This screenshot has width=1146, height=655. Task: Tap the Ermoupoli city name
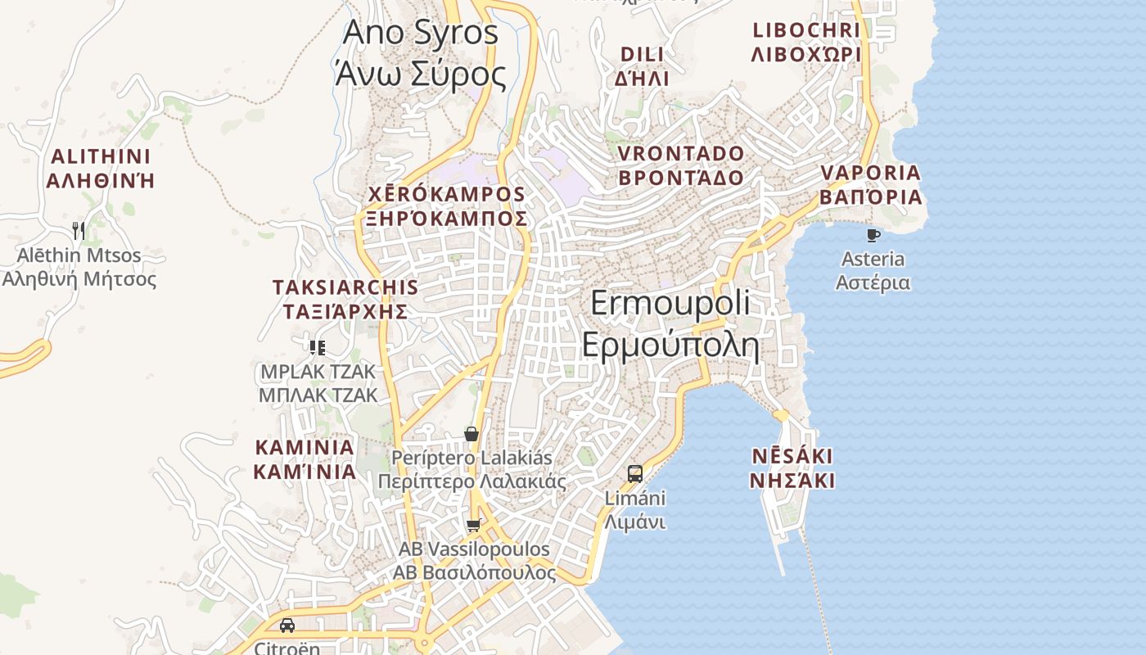pyautogui.click(x=670, y=324)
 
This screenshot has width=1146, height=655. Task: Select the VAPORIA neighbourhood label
pyautogui.click(x=871, y=185)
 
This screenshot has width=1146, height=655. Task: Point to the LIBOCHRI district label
pyautogui.click(x=806, y=43)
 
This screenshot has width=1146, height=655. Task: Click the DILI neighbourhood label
pyautogui.click(x=643, y=66)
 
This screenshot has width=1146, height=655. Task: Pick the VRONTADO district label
pyautogui.click(x=681, y=165)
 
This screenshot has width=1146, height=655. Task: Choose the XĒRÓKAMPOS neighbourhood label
pyautogui.click(x=446, y=206)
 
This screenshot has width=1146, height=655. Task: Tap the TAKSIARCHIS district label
pyautogui.click(x=345, y=299)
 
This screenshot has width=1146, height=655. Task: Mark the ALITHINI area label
pyautogui.click(x=101, y=169)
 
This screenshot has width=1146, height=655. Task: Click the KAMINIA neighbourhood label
pyautogui.click(x=305, y=459)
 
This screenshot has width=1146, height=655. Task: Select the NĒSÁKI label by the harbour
pyautogui.click(x=792, y=468)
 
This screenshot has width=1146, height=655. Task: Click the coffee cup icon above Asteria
pyautogui.click(x=873, y=236)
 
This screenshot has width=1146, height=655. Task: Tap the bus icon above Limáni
pyautogui.click(x=635, y=473)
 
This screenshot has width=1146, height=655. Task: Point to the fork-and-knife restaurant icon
pyautogui.click(x=79, y=230)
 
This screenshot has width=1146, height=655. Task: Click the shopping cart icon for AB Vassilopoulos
pyautogui.click(x=473, y=525)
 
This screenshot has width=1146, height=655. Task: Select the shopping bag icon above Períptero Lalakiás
pyautogui.click(x=471, y=434)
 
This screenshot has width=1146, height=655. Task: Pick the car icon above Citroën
pyautogui.click(x=287, y=626)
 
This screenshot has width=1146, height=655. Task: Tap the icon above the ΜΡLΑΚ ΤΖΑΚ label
pyautogui.click(x=318, y=348)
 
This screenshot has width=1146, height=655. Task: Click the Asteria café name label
pyautogui.click(x=873, y=271)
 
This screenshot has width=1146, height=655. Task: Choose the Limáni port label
pyautogui.click(x=635, y=510)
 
